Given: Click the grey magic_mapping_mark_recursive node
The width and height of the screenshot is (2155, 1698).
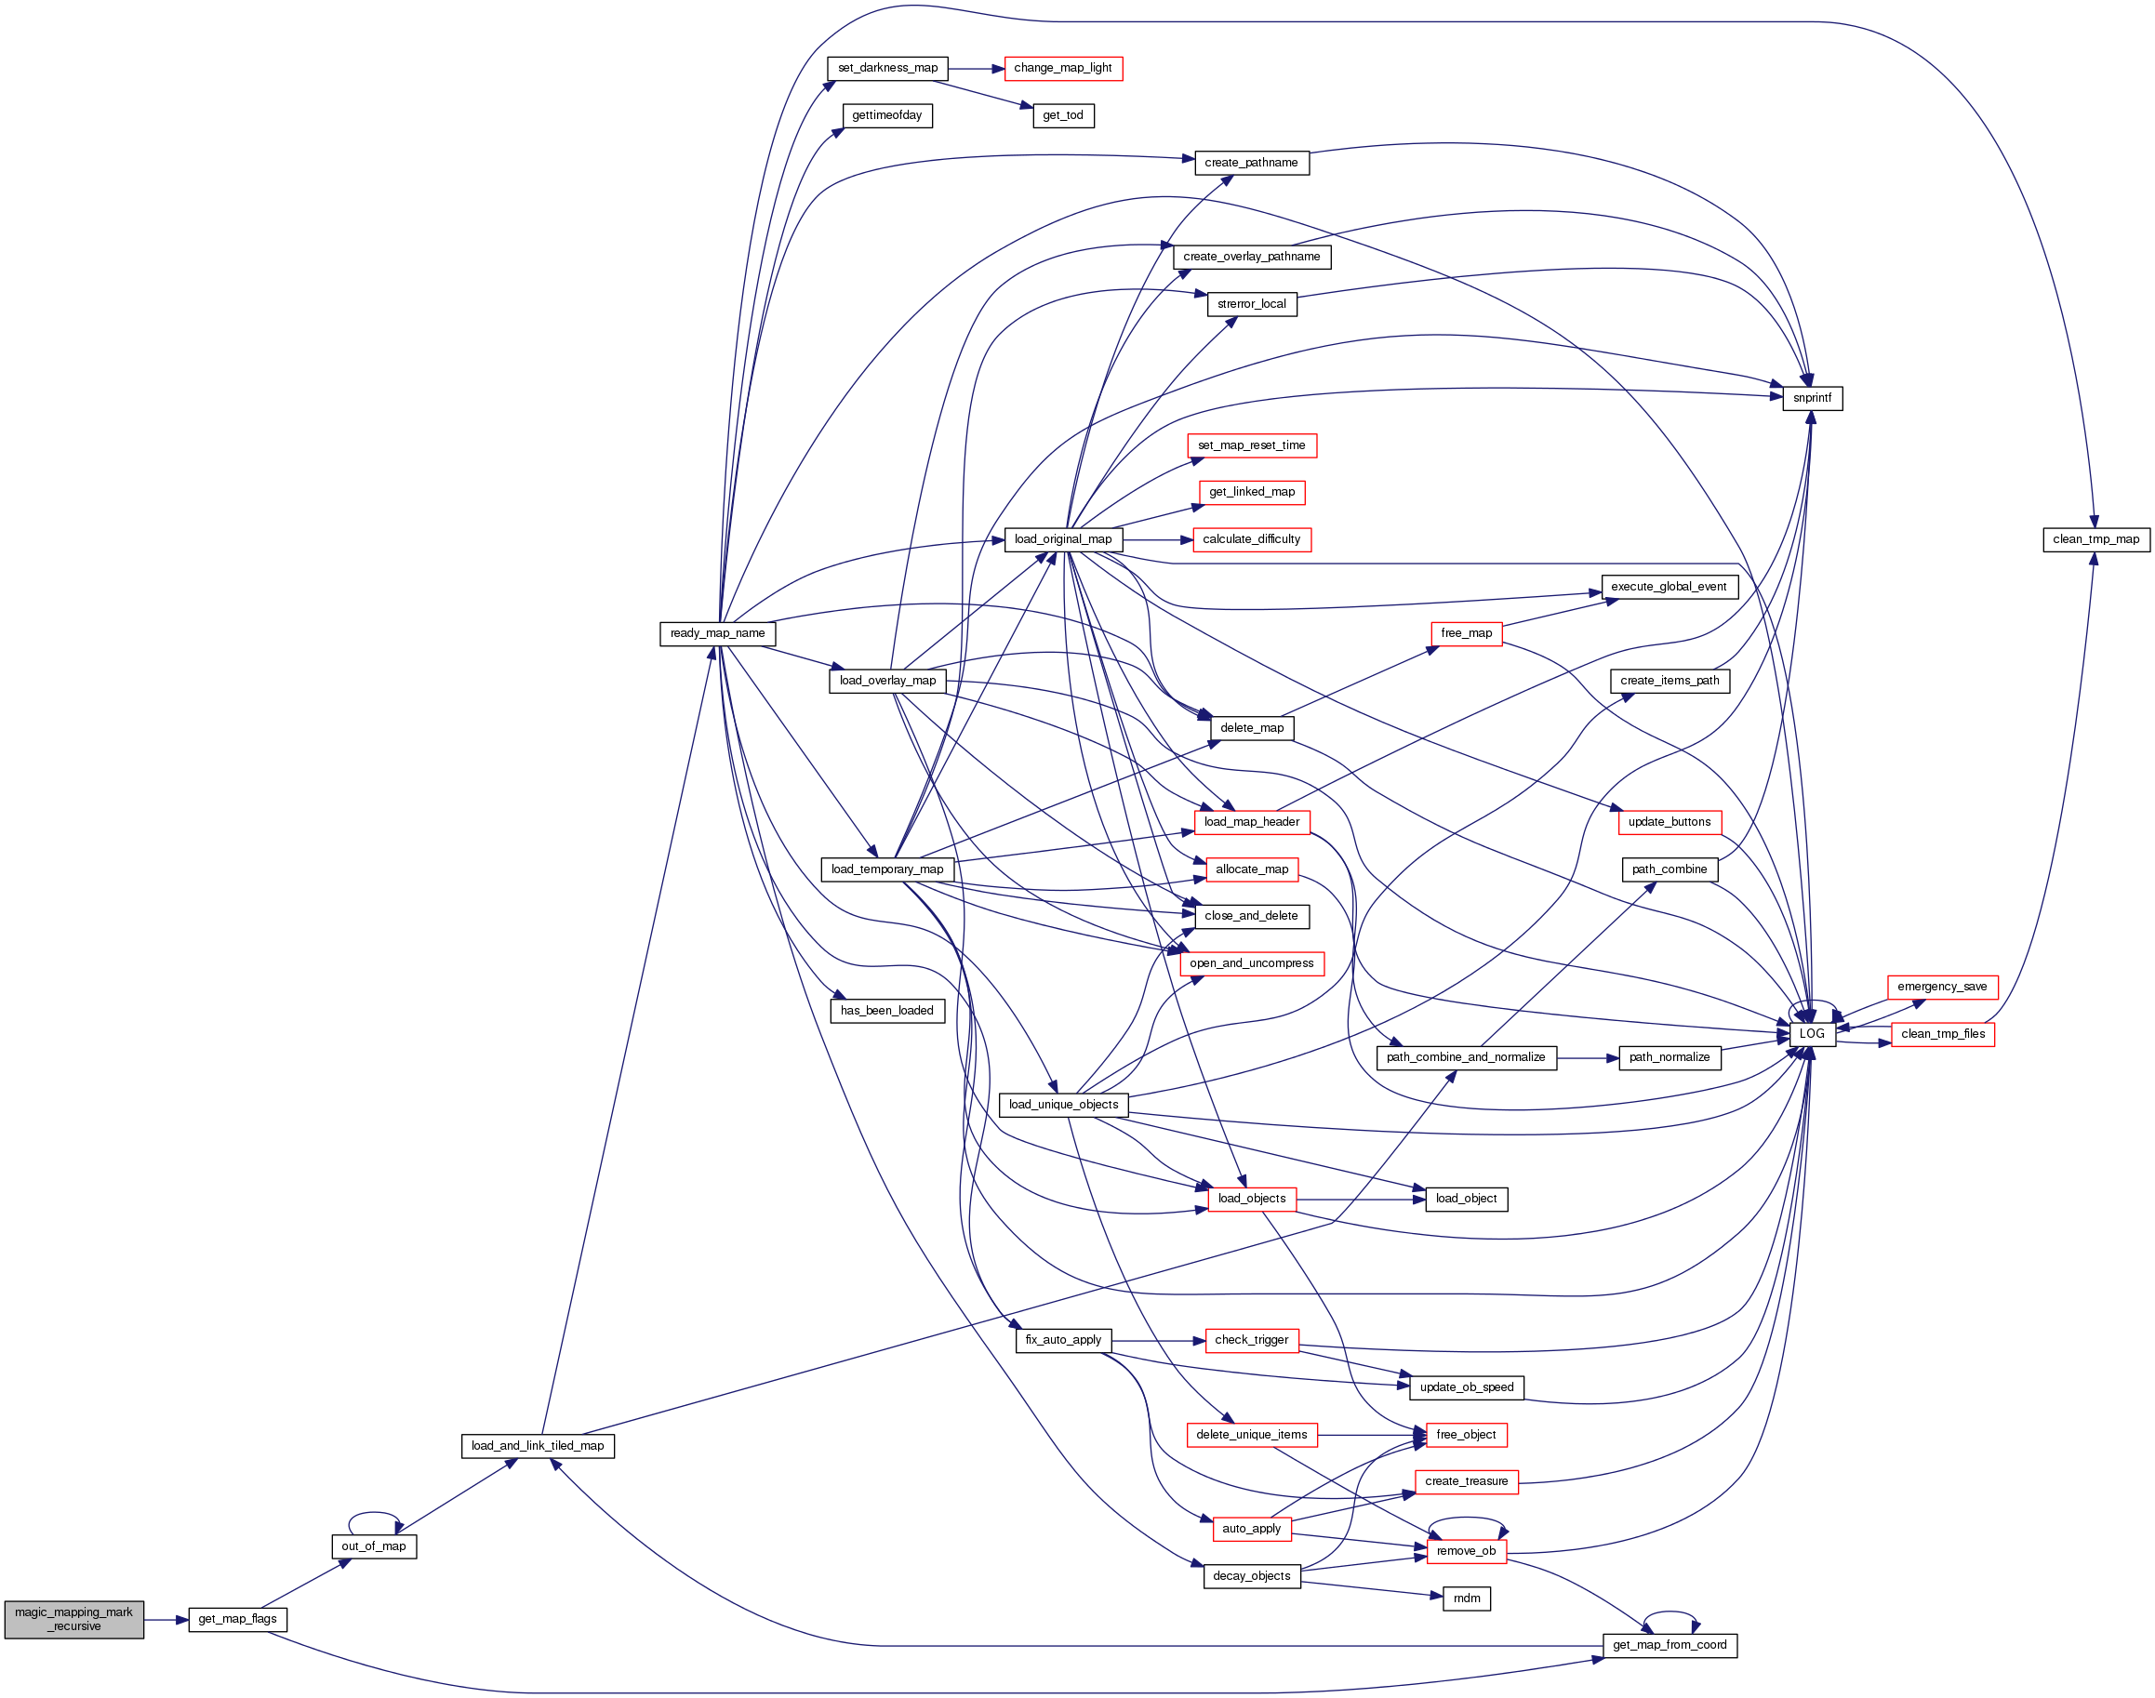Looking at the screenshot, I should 73,1620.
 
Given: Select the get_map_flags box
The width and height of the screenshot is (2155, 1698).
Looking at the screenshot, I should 238,1620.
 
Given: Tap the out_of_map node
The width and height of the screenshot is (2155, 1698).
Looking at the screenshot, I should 373,1546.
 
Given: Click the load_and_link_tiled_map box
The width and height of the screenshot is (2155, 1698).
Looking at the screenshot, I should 537,1447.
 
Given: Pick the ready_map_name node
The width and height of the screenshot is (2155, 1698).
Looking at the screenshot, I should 717,633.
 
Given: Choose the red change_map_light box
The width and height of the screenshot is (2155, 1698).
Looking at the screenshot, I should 1062,69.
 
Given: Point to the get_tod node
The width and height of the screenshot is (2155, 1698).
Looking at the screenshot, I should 1062,115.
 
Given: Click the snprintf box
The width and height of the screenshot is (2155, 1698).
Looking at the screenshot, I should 1811,398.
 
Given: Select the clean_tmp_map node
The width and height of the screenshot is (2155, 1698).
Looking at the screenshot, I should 2095,540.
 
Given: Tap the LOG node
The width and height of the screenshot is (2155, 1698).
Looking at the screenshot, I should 1811,1034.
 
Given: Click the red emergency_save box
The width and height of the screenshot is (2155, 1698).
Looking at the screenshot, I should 1941,988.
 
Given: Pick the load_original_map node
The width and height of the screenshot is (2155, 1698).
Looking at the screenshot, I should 1062,540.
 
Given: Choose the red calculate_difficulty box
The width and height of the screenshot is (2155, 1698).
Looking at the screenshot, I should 1251,540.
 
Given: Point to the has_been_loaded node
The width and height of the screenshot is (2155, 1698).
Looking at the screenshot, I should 886,1011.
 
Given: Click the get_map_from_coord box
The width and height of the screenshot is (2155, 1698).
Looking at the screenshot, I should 1669,1645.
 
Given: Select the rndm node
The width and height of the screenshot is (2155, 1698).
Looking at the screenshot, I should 1466,1599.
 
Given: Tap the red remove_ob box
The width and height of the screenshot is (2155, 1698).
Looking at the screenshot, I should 1466,1551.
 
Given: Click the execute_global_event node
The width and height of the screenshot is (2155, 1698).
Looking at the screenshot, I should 1669,587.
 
